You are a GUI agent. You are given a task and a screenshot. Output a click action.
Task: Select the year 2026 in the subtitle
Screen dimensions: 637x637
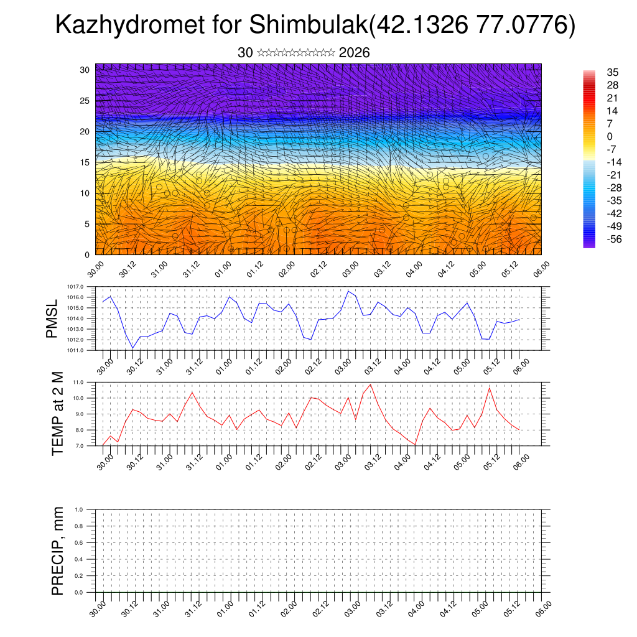click(355, 53)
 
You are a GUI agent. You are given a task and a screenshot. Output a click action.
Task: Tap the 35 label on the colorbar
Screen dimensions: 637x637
click(612, 73)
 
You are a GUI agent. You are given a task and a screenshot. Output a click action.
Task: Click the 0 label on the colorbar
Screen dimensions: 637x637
click(610, 136)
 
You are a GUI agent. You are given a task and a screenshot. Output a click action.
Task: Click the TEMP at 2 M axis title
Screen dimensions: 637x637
click(58, 413)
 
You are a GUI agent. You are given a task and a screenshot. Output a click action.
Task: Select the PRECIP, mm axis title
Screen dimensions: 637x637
click(58, 551)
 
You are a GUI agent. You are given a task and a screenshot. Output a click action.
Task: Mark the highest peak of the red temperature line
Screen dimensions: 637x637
click(371, 384)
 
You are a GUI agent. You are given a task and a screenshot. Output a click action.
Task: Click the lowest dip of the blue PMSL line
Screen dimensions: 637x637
click(133, 348)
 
